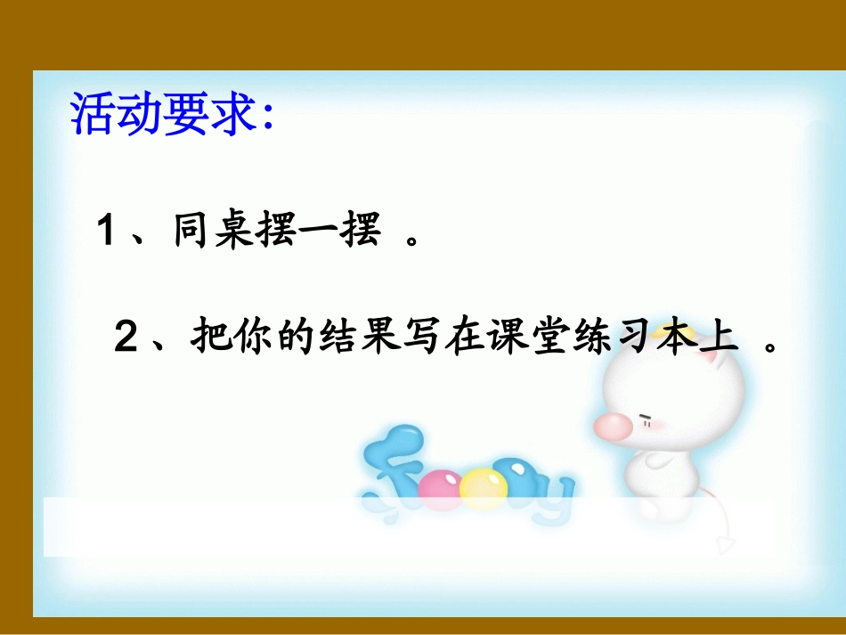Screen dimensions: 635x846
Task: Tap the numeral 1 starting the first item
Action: point(107,233)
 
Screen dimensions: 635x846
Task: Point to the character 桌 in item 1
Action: point(236,233)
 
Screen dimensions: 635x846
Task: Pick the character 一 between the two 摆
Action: point(318,233)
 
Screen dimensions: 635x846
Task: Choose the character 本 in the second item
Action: point(676,338)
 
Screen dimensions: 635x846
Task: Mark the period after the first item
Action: point(411,241)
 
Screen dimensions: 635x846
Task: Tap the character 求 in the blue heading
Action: point(236,114)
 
